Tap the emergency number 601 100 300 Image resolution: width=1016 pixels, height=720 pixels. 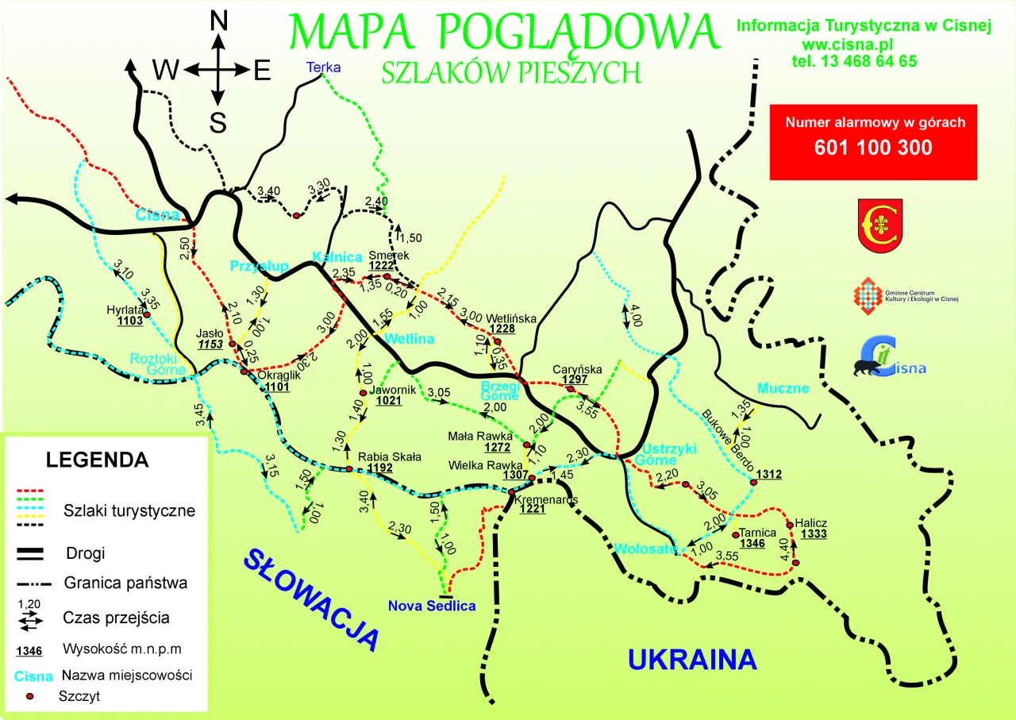[873, 148]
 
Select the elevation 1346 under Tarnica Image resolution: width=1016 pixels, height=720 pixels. [752, 544]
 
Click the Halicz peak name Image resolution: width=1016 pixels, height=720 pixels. [814, 523]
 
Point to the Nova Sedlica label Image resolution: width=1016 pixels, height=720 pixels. [432, 606]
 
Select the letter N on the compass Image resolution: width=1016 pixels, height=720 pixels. [217, 21]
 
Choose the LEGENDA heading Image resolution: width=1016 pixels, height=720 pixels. [97, 460]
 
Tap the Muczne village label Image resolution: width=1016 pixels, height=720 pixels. [783, 388]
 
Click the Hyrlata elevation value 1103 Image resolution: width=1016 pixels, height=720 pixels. [129, 321]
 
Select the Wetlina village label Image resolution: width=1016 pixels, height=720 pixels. [410, 339]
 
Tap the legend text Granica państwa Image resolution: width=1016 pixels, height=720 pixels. [125, 583]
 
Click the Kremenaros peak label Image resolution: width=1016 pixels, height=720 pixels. [546, 499]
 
